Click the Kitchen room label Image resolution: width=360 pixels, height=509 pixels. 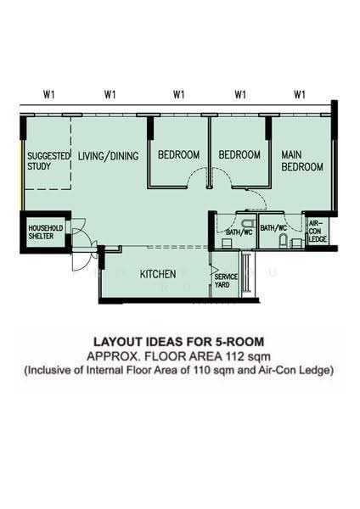[x=158, y=274]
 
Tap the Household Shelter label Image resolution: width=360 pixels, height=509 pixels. [x=45, y=232]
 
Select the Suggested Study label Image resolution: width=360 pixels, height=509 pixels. [x=48, y=161]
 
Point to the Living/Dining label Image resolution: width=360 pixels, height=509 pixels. [x=108, y=156]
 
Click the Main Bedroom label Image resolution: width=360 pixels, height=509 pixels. [x=302, y=160]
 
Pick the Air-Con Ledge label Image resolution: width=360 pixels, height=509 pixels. [x=318, y=231]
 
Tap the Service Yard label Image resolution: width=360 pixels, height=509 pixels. [x=226, y=281]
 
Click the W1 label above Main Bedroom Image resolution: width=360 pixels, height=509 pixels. [x=300, y=94]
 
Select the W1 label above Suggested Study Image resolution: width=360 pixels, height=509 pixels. [x=49, y=94]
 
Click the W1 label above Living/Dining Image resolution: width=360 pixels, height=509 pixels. [x=110, y=94]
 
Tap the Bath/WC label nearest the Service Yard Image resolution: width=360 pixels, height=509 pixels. [x=239, y=232]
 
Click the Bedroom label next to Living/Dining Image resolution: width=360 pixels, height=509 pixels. [x=178, y=155]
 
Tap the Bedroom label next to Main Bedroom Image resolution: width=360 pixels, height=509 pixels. [x=239, y=155]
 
